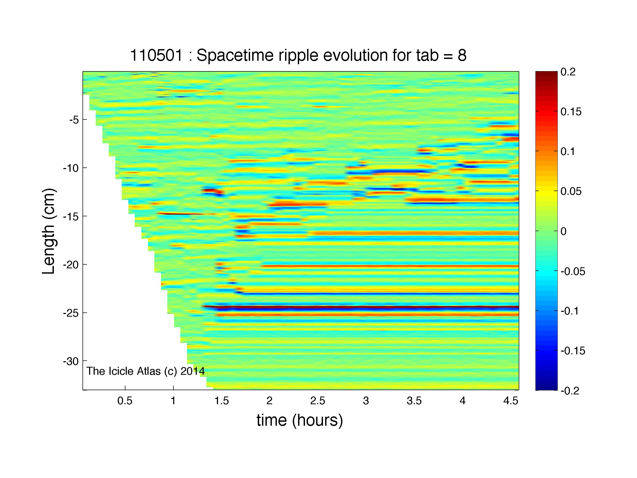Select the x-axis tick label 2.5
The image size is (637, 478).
[318, 401]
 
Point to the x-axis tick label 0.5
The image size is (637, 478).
[125, 401]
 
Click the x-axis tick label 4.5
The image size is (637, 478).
[511, 401]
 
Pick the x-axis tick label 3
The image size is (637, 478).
[366, 401]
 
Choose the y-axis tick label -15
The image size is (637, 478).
[71, 216]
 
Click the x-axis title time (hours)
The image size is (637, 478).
[300, 420]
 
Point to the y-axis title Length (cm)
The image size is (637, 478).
[48, 231]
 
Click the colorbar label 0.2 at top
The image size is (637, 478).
[568, 72]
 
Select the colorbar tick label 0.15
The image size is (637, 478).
[571, 111]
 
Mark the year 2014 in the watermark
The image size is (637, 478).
[192, 371]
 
